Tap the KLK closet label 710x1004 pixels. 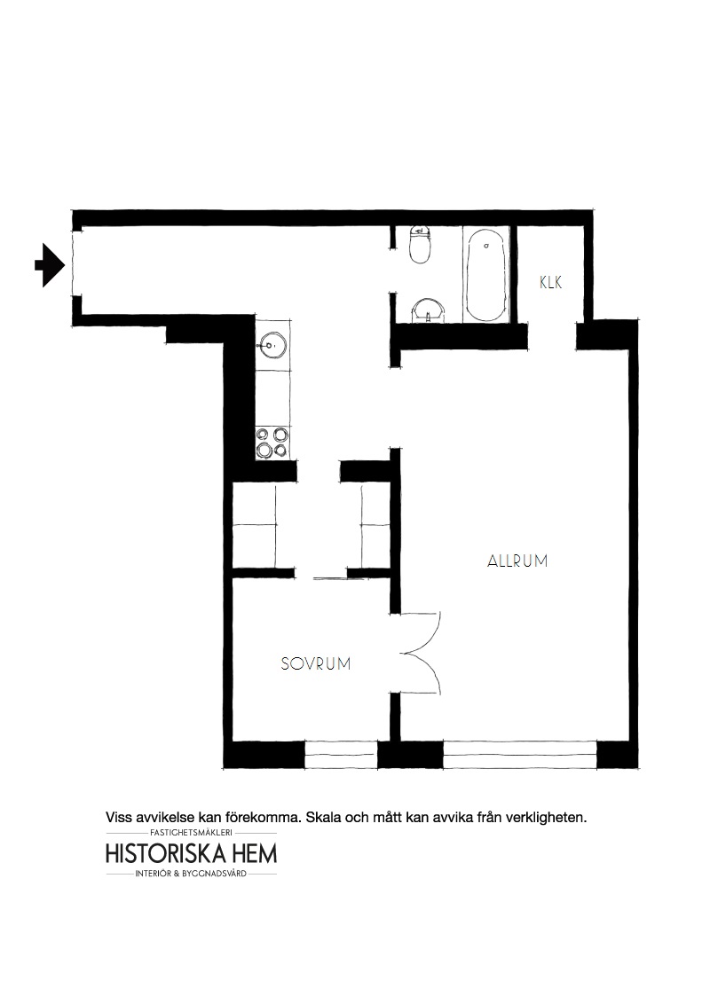pos(550,282)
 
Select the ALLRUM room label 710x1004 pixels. pos(517,561)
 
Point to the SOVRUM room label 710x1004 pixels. pos(316,663)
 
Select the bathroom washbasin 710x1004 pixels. pos(427,311)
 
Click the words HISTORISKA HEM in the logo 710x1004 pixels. pos(191,853)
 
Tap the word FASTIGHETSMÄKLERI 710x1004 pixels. pos(191,833)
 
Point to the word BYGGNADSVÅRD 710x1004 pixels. pos(217,874)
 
